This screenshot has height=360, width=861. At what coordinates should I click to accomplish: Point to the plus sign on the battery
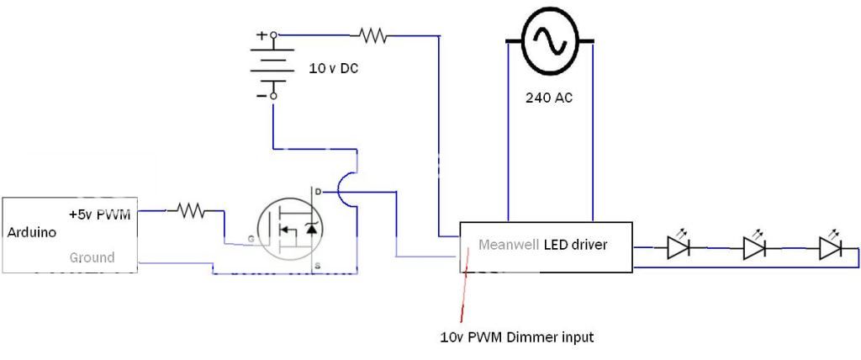click(x=261, y=36)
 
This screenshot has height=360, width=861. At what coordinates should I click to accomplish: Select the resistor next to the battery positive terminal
click(x=372, y=35)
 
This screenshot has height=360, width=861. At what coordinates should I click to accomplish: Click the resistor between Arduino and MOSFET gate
click(x=191, y=212)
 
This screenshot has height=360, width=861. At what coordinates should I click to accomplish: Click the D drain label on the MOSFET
click(x=316, y=192)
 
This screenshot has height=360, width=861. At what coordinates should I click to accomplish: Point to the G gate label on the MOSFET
click(x=251, y=241)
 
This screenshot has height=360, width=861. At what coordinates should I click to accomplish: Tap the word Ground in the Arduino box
click(x=92, y=257)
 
